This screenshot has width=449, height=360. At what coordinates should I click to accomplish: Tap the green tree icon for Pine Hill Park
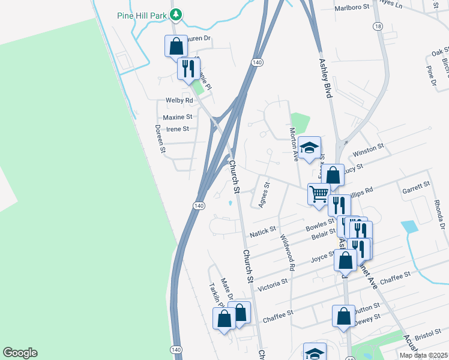coord(175,14)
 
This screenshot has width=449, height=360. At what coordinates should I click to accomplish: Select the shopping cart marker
coord(318,194)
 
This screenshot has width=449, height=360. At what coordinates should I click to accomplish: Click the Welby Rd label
coord(179,100)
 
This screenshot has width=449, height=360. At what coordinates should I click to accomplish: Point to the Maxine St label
coord(178,117)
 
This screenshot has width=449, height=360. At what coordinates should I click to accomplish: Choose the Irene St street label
coord(178,129)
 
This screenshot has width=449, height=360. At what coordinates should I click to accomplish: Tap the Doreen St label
coord(160,139)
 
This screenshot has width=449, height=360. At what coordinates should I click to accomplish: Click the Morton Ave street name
coord(294,145)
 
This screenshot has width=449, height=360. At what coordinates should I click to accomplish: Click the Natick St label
coord(262,229)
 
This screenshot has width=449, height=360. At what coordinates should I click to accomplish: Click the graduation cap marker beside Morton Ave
coord(309,148)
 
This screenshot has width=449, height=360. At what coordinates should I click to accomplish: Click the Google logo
coord(20,353)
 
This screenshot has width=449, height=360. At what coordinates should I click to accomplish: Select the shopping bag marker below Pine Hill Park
coord(175,46)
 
